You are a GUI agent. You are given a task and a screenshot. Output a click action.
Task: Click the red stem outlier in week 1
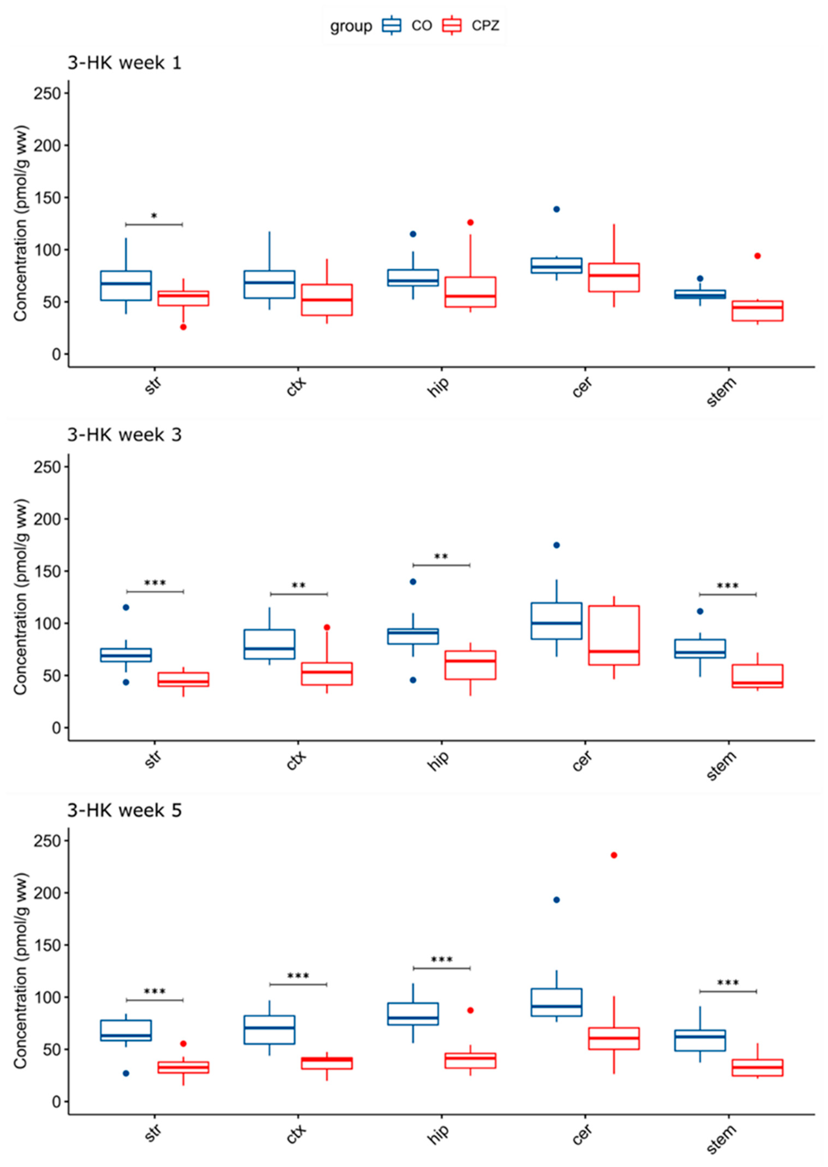(x=758, y=256)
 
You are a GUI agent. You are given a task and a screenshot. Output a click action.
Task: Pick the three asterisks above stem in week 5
(x=728, y=983)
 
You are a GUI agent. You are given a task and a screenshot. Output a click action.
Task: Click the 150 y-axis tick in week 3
(x=47, y=571)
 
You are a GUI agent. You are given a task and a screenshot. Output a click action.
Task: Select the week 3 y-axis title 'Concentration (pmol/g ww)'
(x=20, y=597)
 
